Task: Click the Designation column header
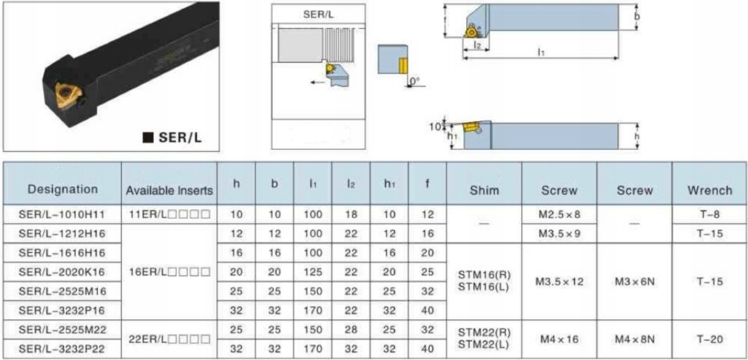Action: (62, 189)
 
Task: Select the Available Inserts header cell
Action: (170, 191)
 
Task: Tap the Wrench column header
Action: (710, 191)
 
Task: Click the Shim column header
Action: (483, 191)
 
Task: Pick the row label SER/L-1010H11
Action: (62, 214)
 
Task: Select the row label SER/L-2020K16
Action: (62, 272)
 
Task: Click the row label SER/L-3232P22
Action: (62, 349)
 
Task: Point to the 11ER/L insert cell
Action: (170, 214)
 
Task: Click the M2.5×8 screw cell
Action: (559, 214)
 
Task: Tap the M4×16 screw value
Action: (559, 340)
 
